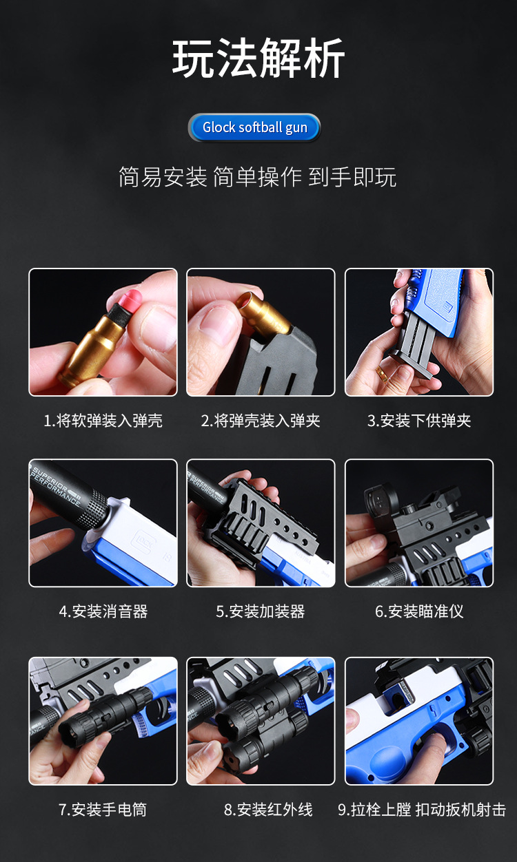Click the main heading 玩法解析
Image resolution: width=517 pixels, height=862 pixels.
pyautogui.click(x=258, y=59)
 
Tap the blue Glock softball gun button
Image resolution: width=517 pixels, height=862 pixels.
pyautogui.click(x=254, y=127)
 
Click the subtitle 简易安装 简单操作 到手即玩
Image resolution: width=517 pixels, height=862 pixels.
pyautogui.click(x=258, y=177)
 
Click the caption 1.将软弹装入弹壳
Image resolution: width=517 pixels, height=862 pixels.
pyautogui.click(x=103, y=421)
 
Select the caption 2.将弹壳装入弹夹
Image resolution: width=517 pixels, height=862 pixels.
pyautogui.click(x=261, y=421)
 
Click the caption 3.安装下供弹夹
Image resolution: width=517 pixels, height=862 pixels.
pyautogui.click(x=419, y=421)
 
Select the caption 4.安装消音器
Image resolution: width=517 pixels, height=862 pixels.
pyautogui.click(x=103, y=611)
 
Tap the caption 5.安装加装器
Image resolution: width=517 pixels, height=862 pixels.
pyautogui.click(x=261, y=611)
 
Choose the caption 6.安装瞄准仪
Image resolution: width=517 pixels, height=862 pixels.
pyautogui.click(x=419, y=611)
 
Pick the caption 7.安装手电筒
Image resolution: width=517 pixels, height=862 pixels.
pyautogui.click(x=103, y=810)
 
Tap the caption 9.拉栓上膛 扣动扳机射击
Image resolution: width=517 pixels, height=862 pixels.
pyautogui.click(x=422, y=810)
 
